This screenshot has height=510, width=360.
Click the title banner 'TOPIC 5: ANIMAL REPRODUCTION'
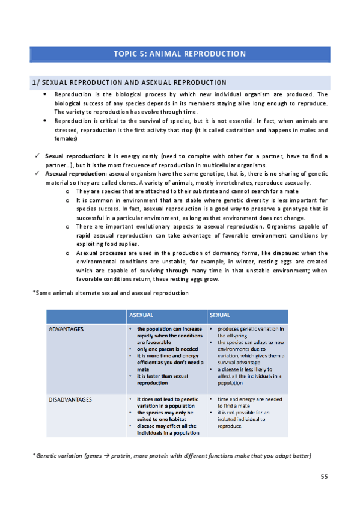180,54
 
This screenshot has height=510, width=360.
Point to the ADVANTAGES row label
66,330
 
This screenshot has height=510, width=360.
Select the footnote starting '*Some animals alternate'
111,293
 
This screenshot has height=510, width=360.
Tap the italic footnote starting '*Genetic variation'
172,456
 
